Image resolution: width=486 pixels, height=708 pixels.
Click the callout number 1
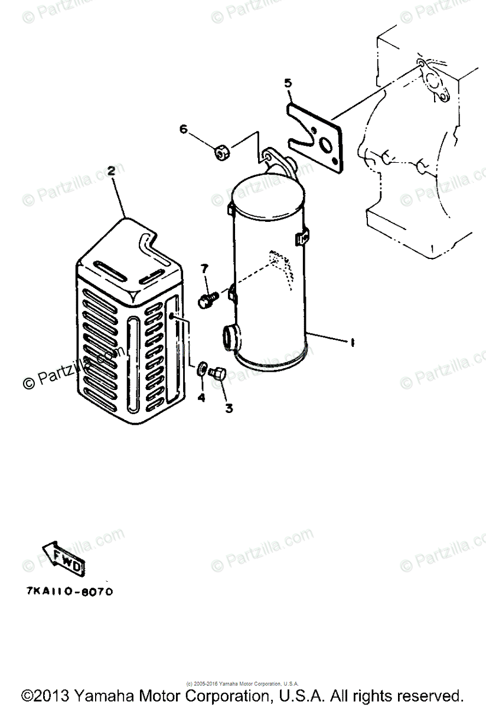(352, 342)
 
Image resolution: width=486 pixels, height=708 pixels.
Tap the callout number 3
(228, 408)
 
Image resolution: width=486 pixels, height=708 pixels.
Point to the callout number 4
(201, 398)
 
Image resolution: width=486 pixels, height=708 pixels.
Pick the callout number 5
(288, 83)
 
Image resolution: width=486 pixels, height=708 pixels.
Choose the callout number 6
(183, 129)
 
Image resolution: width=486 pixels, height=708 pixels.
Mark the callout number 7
(204, 270)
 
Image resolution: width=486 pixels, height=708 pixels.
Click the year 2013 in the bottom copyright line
(54, 694)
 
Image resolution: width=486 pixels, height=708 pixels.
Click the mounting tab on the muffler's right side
(303, 238)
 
